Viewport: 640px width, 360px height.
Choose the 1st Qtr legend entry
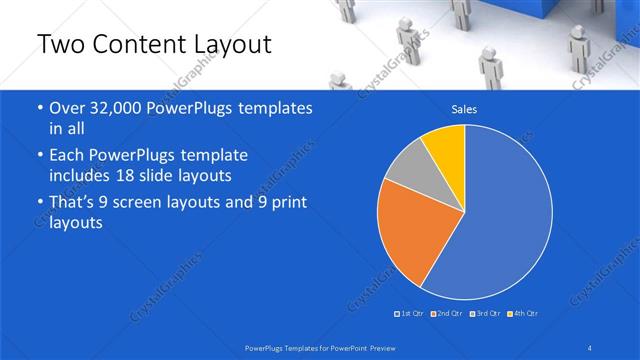410,314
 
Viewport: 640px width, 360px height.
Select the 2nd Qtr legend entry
447,314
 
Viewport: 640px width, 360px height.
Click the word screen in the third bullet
153,204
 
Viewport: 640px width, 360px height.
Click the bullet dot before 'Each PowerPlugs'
38,157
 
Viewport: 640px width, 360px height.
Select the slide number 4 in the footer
589,347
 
